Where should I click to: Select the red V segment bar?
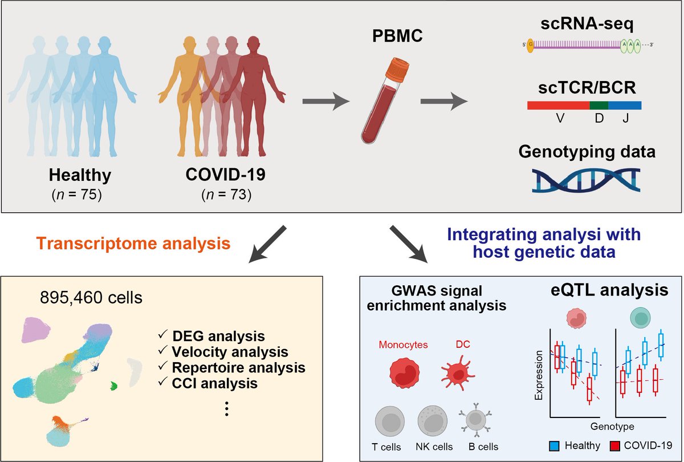(x=558, y=105)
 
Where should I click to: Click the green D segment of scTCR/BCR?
(x=598, y=105)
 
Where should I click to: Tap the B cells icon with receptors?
(x=475, y=419)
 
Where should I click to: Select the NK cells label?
(x=435, y=447)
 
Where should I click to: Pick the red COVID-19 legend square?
(x=615, y=444)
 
